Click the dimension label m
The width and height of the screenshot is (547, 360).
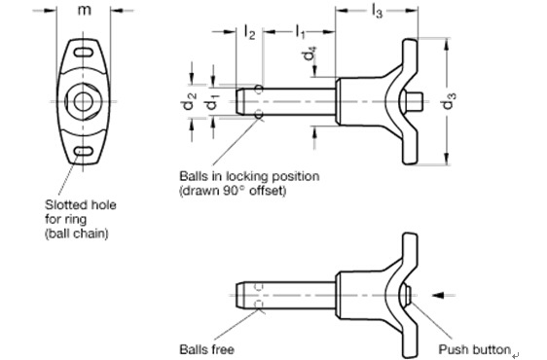coord(84,11)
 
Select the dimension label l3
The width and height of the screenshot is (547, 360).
coord(377,12)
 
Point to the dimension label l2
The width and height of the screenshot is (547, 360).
coord(249,32)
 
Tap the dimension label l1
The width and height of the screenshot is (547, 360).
coord(300,32)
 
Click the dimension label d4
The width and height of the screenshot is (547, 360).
coord(310,53)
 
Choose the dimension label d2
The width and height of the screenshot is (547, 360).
coord(189,101)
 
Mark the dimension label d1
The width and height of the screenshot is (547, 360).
coord(212,101)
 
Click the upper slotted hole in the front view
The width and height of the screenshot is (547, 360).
coord(83,53)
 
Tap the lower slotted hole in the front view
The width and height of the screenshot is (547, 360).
coord(83,151)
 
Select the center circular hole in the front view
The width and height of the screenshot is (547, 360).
coord(83,101)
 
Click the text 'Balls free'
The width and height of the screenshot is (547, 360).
coord(206,349)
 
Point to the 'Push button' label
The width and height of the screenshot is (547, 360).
coord(474,349)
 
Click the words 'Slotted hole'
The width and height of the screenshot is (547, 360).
coord(80,204)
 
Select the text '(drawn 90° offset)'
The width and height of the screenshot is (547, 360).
coord(233,191)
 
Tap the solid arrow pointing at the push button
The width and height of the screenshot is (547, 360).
coord(438,296)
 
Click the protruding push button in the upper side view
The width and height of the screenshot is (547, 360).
coord(416,101)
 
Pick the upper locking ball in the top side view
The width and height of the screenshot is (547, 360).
coord(259,90)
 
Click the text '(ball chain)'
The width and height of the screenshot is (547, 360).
coord(76,234)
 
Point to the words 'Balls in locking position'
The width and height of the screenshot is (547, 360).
coord(249,176)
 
